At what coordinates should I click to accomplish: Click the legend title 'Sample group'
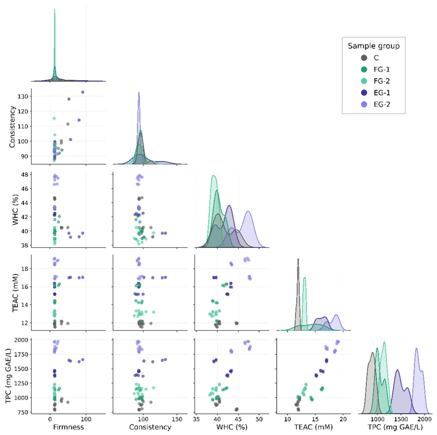[373, 46]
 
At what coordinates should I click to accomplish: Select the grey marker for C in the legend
[364, 58]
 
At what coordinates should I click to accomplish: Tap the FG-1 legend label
[382, 69]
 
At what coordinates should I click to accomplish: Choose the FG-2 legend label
[382, 81]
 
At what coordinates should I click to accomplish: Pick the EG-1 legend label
[382, 93]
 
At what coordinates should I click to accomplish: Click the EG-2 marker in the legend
[364, 105]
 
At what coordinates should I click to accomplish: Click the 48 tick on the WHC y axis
[24, 174]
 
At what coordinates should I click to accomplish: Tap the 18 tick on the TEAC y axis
[24, 269]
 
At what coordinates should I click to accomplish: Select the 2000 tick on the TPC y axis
[21, 340]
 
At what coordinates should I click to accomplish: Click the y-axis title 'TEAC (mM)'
[15, 293]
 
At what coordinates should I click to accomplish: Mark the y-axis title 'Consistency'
[12, 127]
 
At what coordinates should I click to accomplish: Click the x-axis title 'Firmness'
[68, 427]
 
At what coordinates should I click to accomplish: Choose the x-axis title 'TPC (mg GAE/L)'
[395, 427]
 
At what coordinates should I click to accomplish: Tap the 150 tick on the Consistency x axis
[177, 419]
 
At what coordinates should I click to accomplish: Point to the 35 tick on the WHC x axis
[197, 419]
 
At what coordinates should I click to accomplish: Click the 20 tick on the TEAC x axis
[343, 419]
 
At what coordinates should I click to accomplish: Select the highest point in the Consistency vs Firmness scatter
[83, 92]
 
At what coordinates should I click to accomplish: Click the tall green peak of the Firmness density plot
[55, 9]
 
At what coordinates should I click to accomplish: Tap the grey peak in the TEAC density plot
[298, 259]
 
